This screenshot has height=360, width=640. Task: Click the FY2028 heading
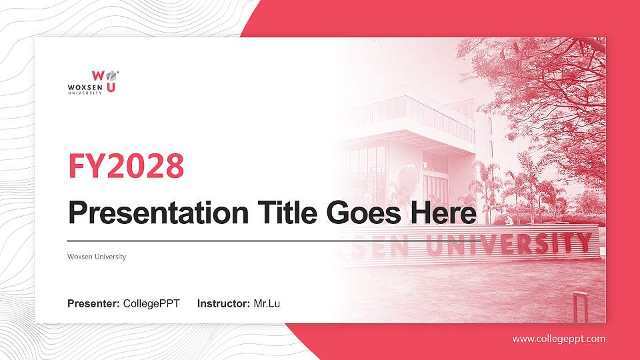[126, 167]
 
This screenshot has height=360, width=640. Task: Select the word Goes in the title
[359, 213]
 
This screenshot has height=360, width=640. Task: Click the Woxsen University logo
[94, 82]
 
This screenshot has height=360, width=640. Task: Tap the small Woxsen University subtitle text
[97, 257]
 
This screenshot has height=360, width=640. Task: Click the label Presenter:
[93, 304]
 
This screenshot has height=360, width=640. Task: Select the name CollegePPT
[151, 304]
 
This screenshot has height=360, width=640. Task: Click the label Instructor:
[224, 304]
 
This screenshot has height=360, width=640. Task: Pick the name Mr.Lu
[267, 304]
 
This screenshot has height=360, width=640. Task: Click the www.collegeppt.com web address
[559, 339]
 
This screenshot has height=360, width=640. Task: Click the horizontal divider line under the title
[200, 240]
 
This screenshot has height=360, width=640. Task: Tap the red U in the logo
[111, 87]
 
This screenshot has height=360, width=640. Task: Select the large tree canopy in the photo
[547, 87]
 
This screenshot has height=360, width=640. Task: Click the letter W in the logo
[97, 76]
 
